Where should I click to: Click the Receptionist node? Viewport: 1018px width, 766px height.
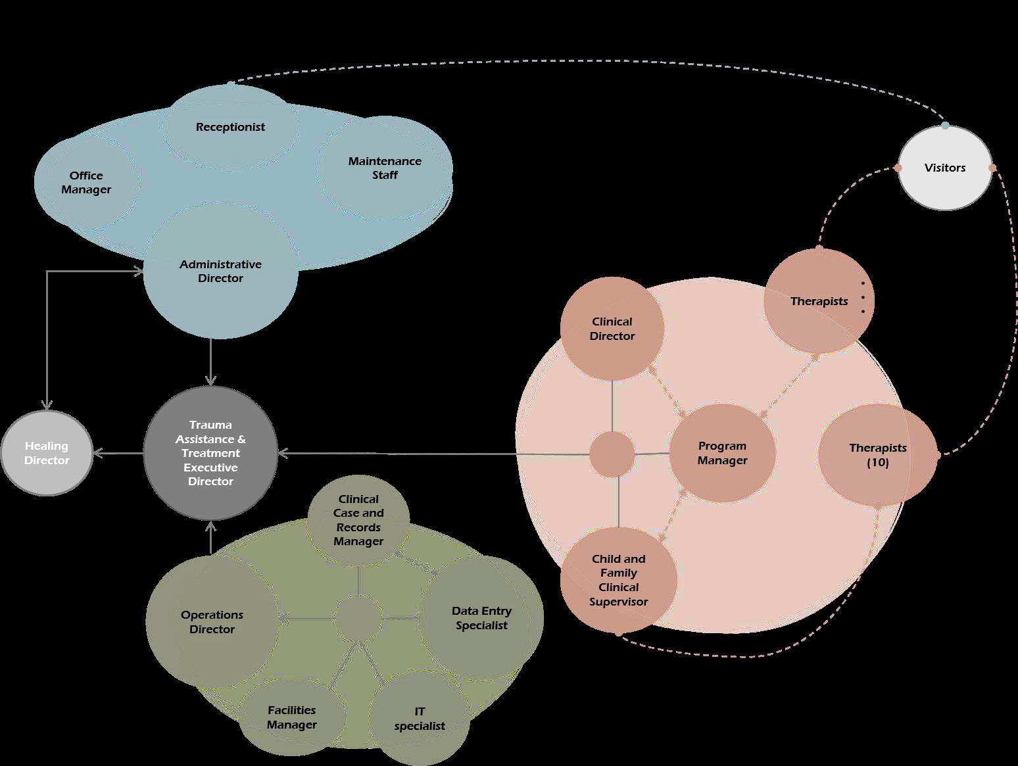coord(230,126)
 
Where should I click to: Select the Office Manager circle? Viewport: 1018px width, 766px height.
coord(86,182)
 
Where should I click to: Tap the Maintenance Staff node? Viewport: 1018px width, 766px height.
coord(385,168)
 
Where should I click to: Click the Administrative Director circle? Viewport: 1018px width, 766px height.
coord(220,271)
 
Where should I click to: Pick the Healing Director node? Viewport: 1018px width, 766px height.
coord(46,453)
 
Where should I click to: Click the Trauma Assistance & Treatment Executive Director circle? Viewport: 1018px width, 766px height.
coord(210,453)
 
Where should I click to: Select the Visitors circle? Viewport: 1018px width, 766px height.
coord(944,168)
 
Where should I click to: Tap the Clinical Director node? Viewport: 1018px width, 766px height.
coord(612,328)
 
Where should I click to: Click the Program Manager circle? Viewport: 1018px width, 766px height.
coord(722,453)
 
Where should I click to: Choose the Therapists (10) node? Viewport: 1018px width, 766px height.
coord(877,454)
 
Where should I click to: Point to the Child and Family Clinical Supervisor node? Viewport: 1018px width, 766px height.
coord(618,580)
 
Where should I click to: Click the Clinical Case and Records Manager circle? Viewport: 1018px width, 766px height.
coord(358,520)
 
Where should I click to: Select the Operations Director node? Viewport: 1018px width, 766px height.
coord(212,621)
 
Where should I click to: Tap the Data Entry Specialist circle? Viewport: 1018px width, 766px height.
coord(481,618)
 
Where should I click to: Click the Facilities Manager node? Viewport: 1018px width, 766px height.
coord(291,717)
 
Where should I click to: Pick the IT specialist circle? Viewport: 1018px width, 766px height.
coord(420,719)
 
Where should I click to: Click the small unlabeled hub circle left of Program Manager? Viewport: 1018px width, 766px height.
coord(612,454)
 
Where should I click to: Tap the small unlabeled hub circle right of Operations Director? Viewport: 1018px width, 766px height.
coord(358,618)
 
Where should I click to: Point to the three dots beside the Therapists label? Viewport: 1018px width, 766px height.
coord(863,297)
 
